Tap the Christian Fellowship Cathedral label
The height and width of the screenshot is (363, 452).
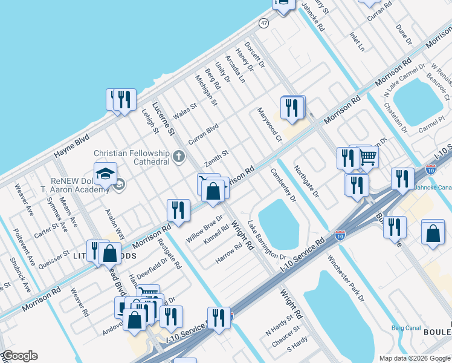click(131, 157)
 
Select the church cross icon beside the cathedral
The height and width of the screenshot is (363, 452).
click(178, 157)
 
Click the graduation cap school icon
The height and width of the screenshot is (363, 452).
click(105, 174)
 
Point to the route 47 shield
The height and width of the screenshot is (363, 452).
click(263, 23)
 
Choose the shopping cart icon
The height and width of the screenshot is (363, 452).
click(367, 158)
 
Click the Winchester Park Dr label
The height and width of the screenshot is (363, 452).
click(346, 278)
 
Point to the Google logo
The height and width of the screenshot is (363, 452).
click(20, 356)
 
